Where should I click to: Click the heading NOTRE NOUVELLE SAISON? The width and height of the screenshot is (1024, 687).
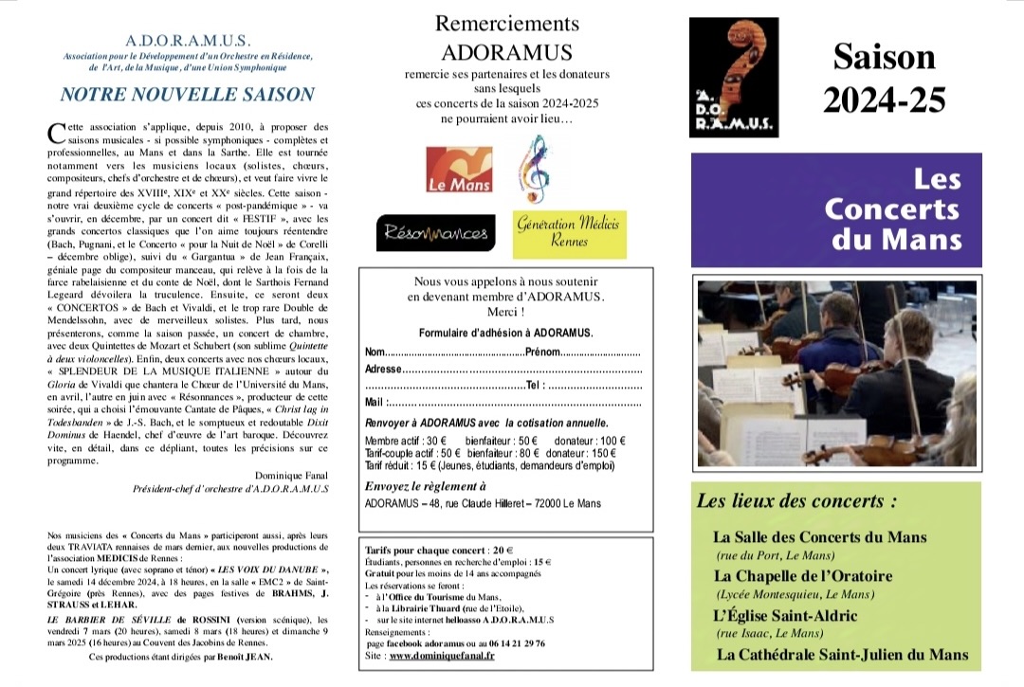tap(187, 95)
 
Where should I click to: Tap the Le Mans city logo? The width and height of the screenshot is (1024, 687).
tap(459, 171)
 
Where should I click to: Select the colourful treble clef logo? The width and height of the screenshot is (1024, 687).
tap(531, 170)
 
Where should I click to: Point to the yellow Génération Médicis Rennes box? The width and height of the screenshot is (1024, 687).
tap(569, 233)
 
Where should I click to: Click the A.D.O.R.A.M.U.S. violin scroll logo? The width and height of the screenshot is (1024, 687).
tap(732, 75)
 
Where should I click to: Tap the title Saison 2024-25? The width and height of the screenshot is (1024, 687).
tap(884, 77)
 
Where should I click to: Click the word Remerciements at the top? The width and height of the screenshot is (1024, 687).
tap(506, 23)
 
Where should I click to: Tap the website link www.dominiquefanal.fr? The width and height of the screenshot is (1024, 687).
tap(442, 655)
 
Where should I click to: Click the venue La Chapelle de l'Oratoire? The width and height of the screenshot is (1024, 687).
tap(802, 576)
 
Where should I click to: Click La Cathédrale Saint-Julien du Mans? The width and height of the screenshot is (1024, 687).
tap(842, 655)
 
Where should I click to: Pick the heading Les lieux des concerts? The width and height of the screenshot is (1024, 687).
tap(796, 501)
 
